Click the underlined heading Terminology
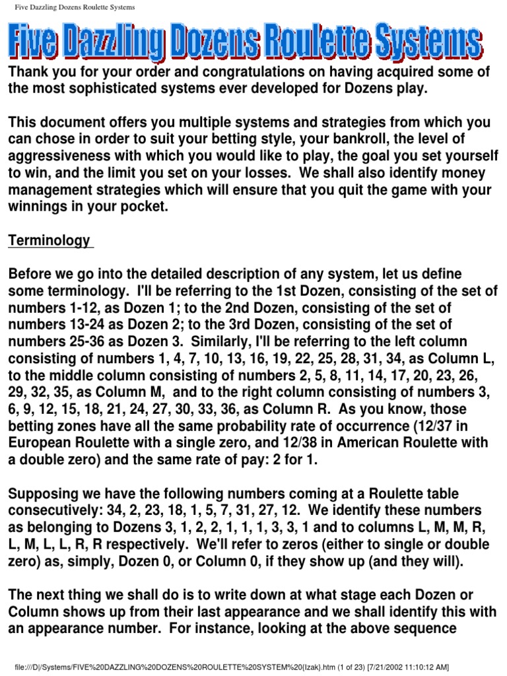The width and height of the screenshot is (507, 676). coord(49,241)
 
